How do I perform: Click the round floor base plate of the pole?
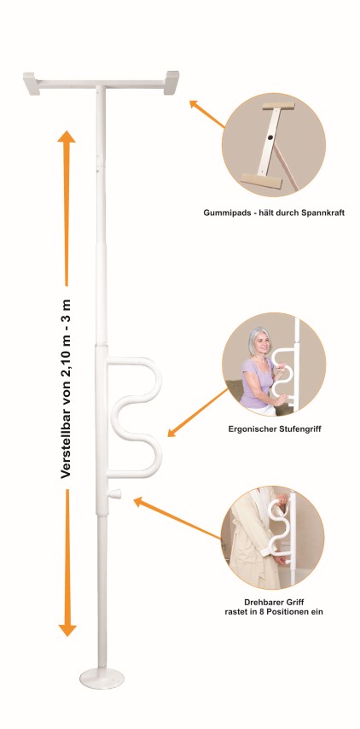click(102, 679)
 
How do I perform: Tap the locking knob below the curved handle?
click(115, 493)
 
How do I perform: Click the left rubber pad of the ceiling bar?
click(32, 83)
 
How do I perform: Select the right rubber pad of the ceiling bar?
click(171, 82)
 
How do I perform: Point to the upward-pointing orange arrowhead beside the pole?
click(67, 137)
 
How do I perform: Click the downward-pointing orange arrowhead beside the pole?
click(67, 629)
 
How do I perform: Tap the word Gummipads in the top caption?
click(223, 213)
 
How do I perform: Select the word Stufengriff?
click(298, 429)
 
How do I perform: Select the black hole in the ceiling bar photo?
click(270, 138)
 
